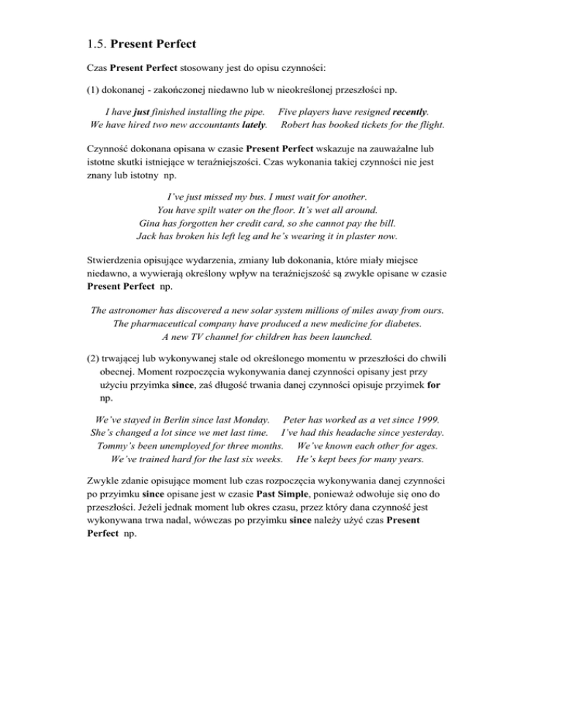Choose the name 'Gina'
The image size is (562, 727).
(151, 224)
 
